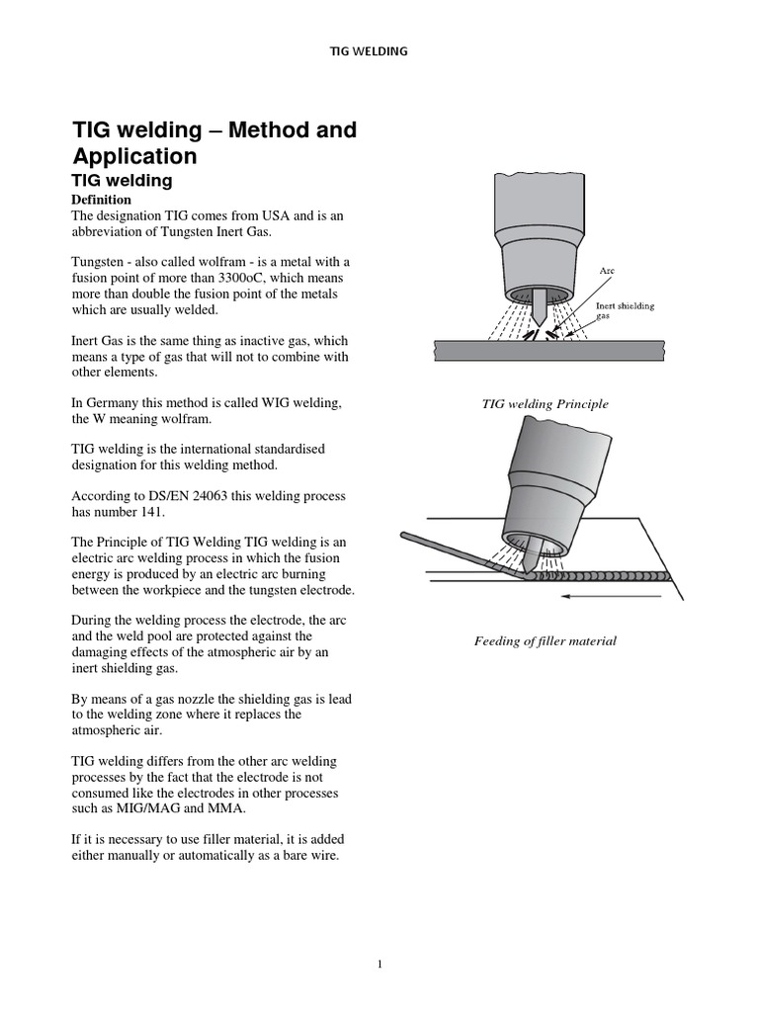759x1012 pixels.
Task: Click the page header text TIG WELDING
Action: [x=368, y=51]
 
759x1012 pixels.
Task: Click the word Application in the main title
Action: [x=134, y=156]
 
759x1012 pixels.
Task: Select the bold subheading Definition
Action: [x=104, y=200]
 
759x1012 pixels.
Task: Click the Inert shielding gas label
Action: [x=624, y=310]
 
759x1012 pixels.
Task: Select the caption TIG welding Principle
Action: [x=545, y=404]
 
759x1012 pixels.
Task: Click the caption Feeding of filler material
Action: [x=546, y=640]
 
